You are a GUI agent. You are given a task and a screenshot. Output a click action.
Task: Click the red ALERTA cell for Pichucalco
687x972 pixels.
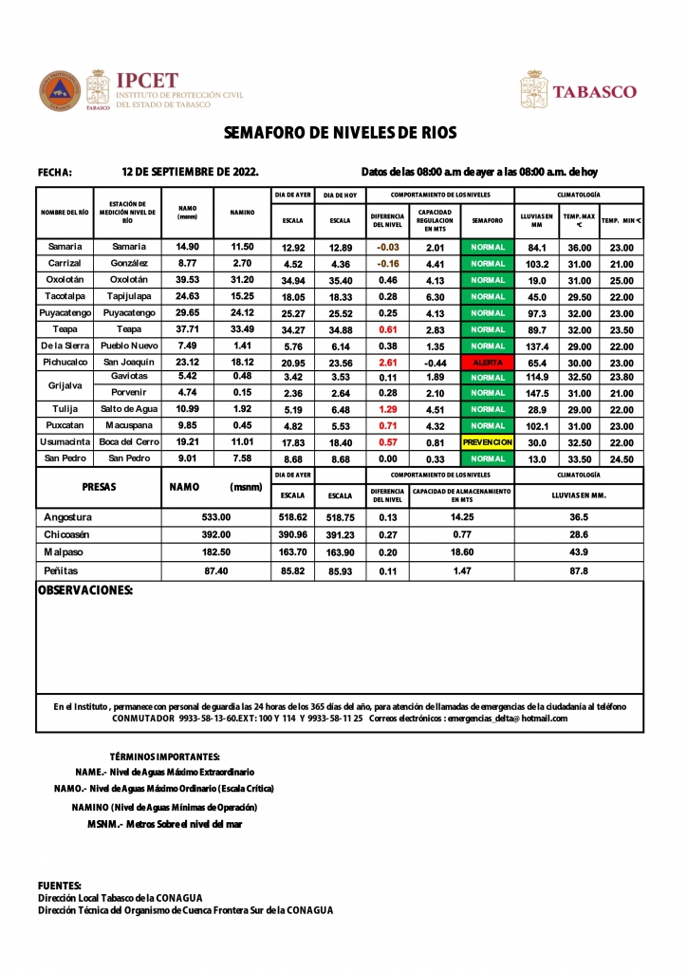(488, 363)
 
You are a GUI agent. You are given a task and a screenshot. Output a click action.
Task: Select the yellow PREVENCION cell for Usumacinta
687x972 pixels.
(488, 442)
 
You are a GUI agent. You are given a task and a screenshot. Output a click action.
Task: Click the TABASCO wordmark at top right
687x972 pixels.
(594, 92)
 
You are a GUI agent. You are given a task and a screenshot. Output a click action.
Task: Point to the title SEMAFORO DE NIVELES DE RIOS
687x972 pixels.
(341, 133)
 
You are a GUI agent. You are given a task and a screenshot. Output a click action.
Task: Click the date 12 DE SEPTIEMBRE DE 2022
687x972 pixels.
(191, 172)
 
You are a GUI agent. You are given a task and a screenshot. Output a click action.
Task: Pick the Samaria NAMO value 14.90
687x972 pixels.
(188, 247)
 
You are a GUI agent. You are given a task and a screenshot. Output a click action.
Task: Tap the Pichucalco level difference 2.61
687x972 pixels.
(387, 363)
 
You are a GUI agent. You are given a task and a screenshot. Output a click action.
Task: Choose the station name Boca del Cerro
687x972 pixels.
(128, 442)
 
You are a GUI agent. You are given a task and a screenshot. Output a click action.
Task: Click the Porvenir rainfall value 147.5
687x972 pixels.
(537, 393)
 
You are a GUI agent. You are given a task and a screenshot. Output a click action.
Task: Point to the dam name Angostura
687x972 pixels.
(68, 517)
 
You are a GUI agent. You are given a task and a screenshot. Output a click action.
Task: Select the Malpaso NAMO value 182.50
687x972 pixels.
(216, 551)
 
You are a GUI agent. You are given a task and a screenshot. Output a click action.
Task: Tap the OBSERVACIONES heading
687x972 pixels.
(84, 590)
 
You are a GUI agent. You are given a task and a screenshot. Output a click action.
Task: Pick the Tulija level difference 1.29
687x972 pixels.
(387, 409)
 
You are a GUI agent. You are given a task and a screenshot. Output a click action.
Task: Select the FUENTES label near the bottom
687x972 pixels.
(60, 885)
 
